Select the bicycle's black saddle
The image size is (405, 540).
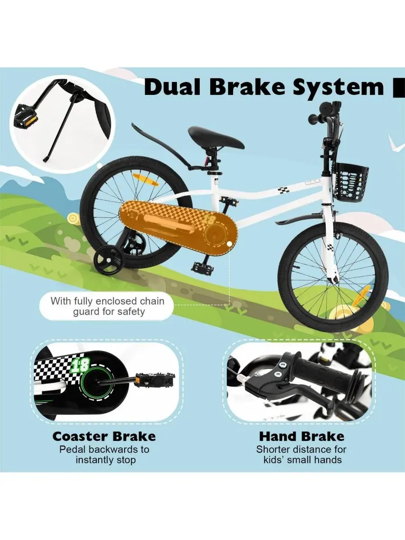(x=216, y=137)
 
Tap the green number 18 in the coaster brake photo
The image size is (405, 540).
(x=81, y=365)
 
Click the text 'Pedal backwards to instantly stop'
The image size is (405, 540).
(x=104, y=454)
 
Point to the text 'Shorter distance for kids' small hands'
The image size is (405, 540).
(x=301, y=454)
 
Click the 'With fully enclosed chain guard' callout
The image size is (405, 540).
(x=107, y=306)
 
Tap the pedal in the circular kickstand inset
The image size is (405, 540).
(x=27, y=115)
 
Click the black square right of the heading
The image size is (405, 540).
(x=399, y=88)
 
